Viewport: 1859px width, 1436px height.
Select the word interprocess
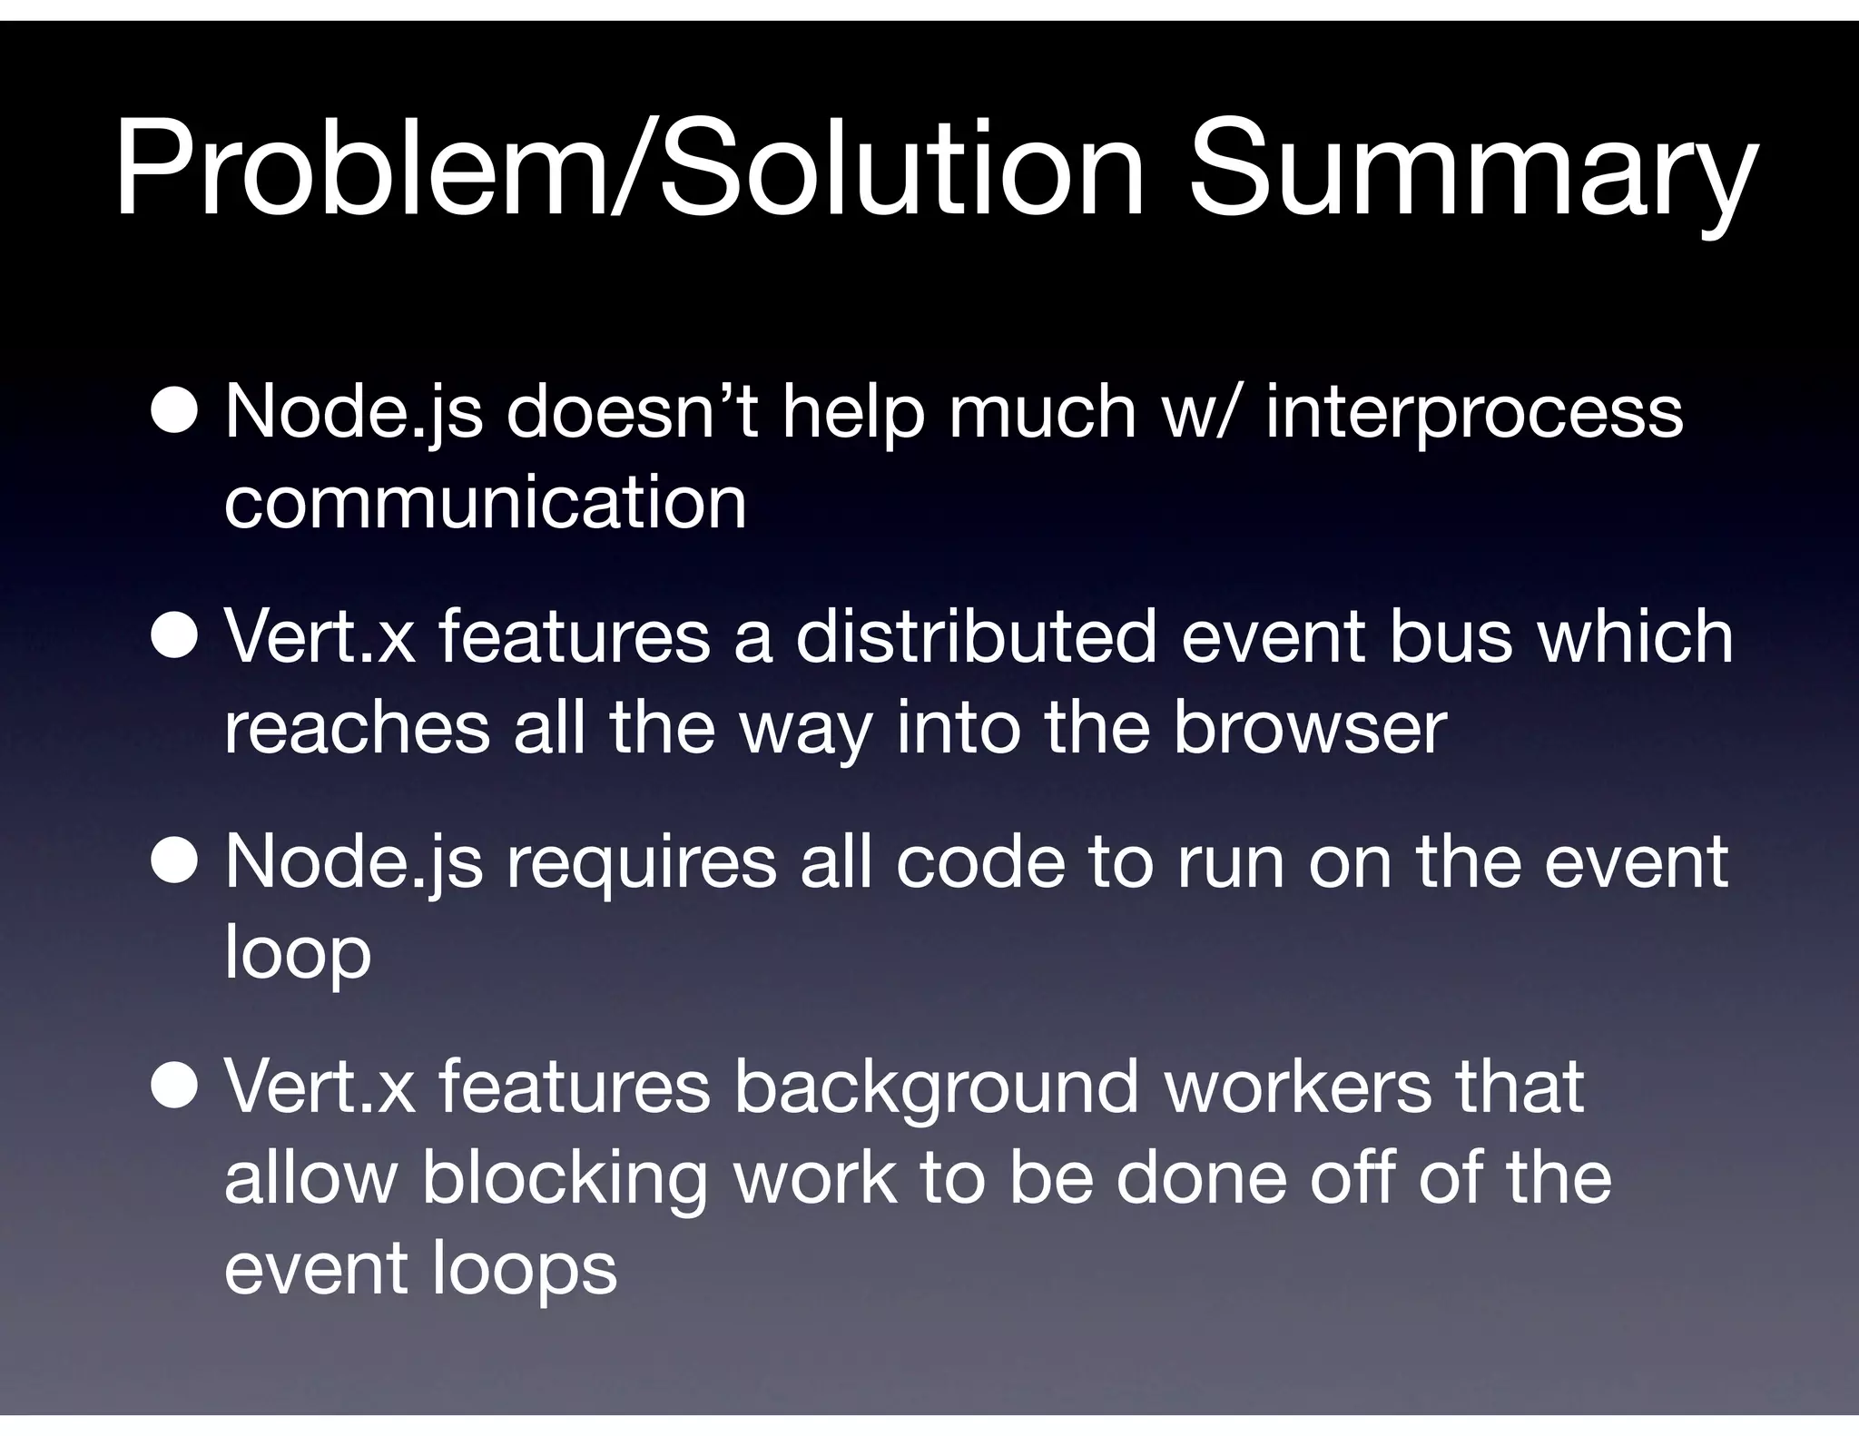coord(1473,414)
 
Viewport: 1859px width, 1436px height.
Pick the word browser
coord(1309,728)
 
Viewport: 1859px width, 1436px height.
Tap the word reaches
coord(357,728)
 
